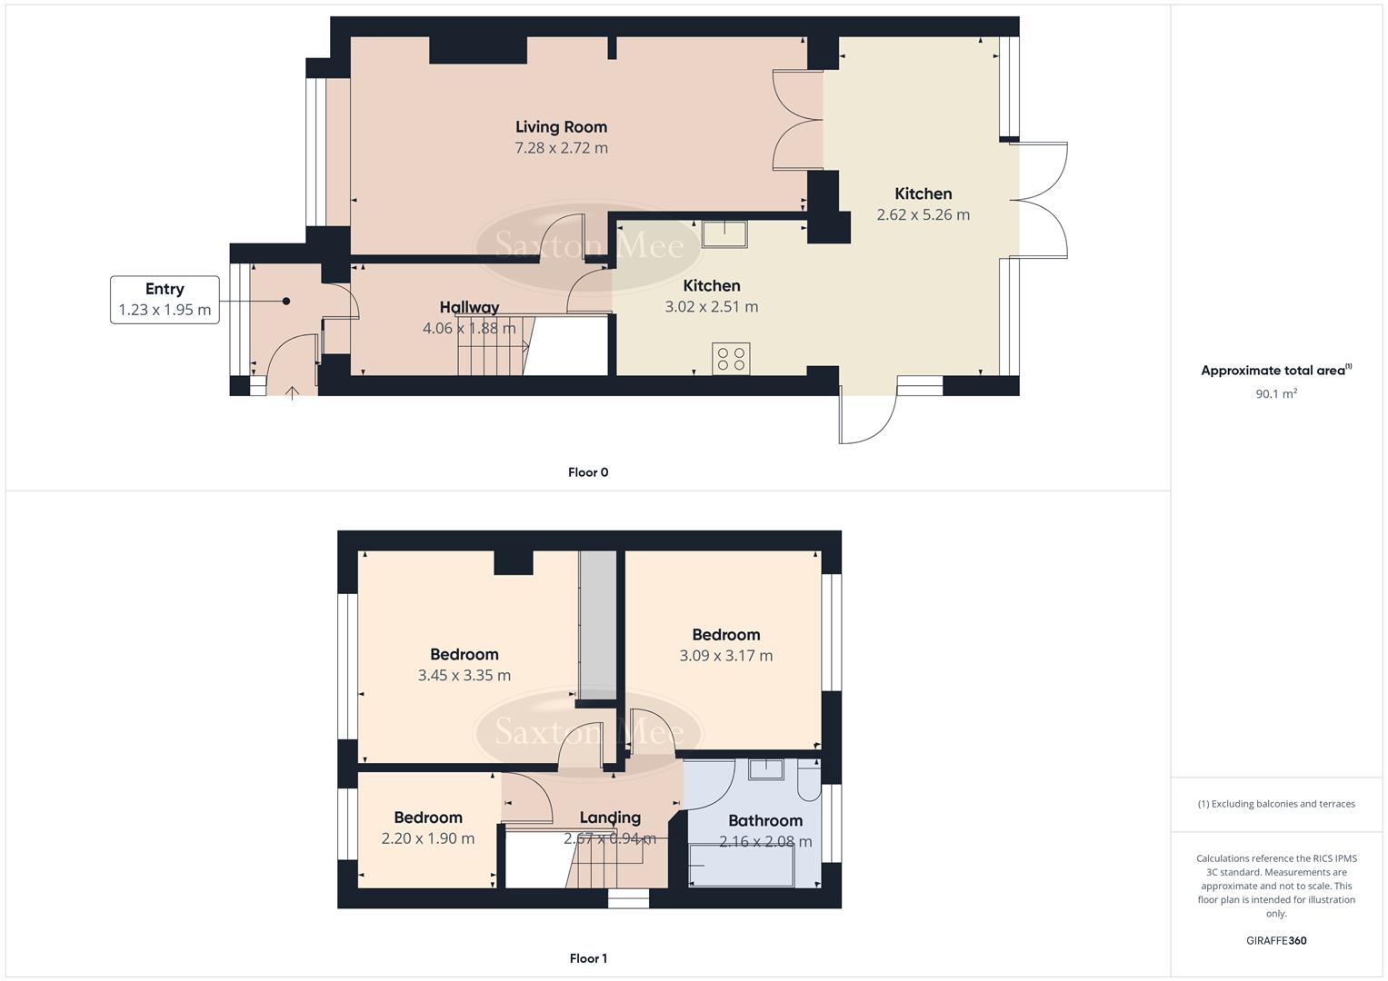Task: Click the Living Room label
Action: [561, 127]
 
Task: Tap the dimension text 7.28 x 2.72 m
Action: [561, 148]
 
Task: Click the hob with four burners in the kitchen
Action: [731, 358]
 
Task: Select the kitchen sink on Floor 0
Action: [724, 234]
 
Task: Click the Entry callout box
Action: [165, 300]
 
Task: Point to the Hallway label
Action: [469, 307]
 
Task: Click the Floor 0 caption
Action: [588, 472]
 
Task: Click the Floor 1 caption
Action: [588, 958]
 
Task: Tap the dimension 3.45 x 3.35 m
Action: [464, 676]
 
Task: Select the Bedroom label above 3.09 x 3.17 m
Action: [725, 635]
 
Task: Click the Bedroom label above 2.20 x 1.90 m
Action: [427, 817]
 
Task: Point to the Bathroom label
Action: [764, 821]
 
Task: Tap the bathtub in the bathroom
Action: [742, 866]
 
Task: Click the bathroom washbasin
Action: [765, 769]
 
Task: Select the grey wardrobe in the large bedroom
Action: [597, 627]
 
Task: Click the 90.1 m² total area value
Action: [1275, 394]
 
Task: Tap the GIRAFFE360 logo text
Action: [1275, 941]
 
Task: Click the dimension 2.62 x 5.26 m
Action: [923, 215]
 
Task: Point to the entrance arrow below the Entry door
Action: [293, 393]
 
